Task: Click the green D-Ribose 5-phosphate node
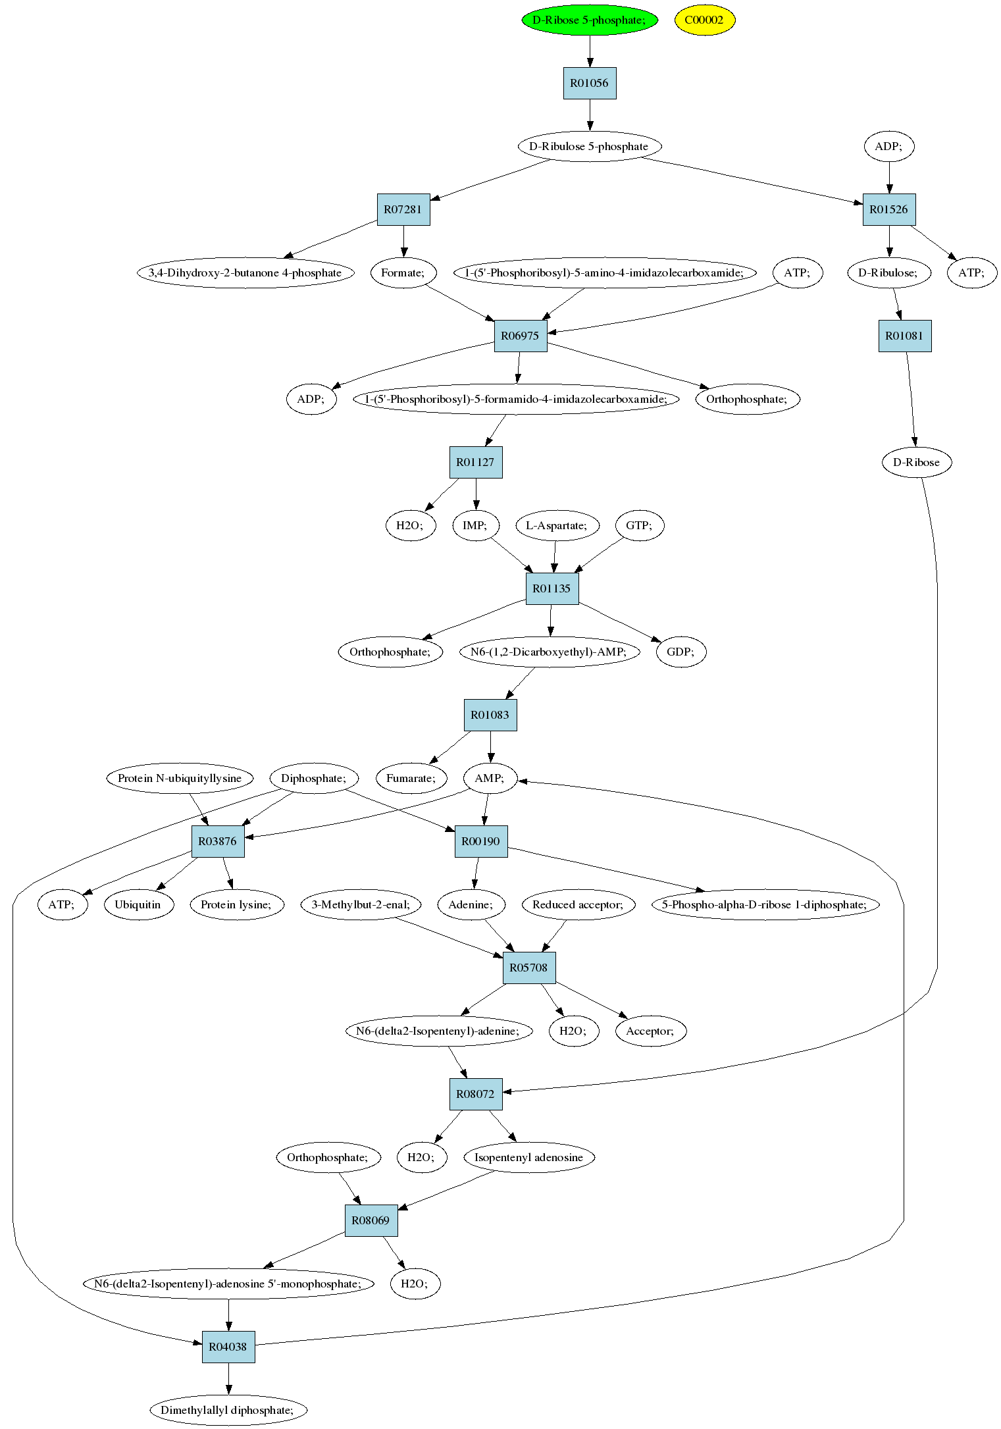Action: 590,20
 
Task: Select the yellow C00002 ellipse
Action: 704,20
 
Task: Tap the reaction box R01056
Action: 590,83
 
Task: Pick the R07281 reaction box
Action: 403,209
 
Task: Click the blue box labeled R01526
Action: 889,209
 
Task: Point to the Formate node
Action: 403,273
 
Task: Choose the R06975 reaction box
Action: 521,336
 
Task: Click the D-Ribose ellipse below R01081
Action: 916,462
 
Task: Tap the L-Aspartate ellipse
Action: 557,525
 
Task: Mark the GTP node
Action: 640,525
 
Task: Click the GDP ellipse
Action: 680,652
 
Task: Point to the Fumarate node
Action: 411,778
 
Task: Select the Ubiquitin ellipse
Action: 138,904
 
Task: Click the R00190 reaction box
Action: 481,841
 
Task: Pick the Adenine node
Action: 471,904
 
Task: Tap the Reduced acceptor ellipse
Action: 578,904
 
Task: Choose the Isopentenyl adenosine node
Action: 529,1157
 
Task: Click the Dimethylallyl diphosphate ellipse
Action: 228,1410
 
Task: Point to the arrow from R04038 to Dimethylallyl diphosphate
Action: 228,1378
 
